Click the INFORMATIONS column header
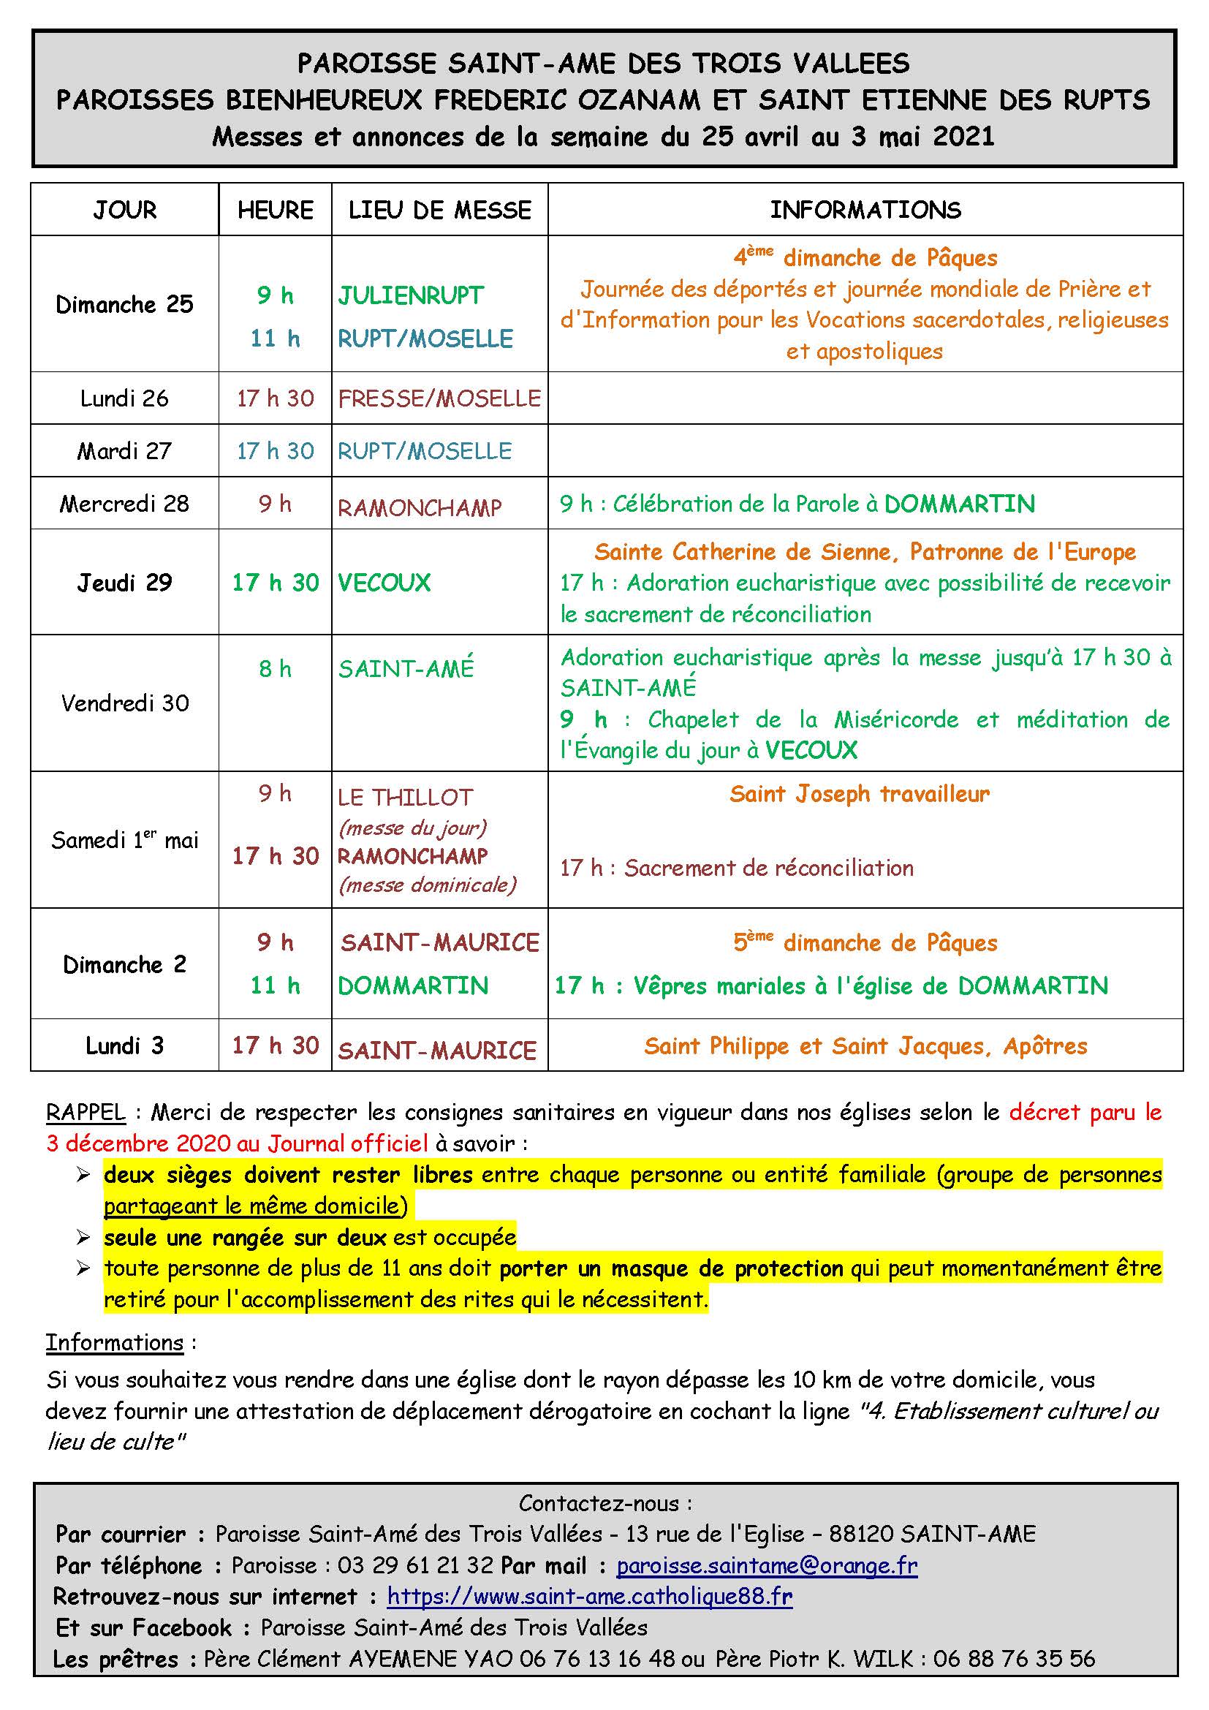coord(865,210)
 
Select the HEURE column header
coord(275,210)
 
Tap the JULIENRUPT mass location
coord(411,295)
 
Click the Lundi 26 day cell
coord(124,398)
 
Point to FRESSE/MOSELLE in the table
coord(439,398)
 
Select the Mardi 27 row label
coord(124,450)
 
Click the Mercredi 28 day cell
coord(124,504)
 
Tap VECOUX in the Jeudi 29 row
coord(384,583)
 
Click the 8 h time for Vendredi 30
coord(275,669)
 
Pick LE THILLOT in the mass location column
coord(405,798)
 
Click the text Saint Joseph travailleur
coord(859,794)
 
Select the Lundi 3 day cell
coord(124,1045)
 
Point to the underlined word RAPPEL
coord(86,1113)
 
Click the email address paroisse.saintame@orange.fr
coord(767,1565)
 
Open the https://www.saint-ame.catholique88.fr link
coord(590,1596)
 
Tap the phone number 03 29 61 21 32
coord(414,1565)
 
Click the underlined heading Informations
coord(115,1343)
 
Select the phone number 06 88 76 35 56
coord(1014,1659)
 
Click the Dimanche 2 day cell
coord(124,964)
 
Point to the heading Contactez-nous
coord(604,1504)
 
